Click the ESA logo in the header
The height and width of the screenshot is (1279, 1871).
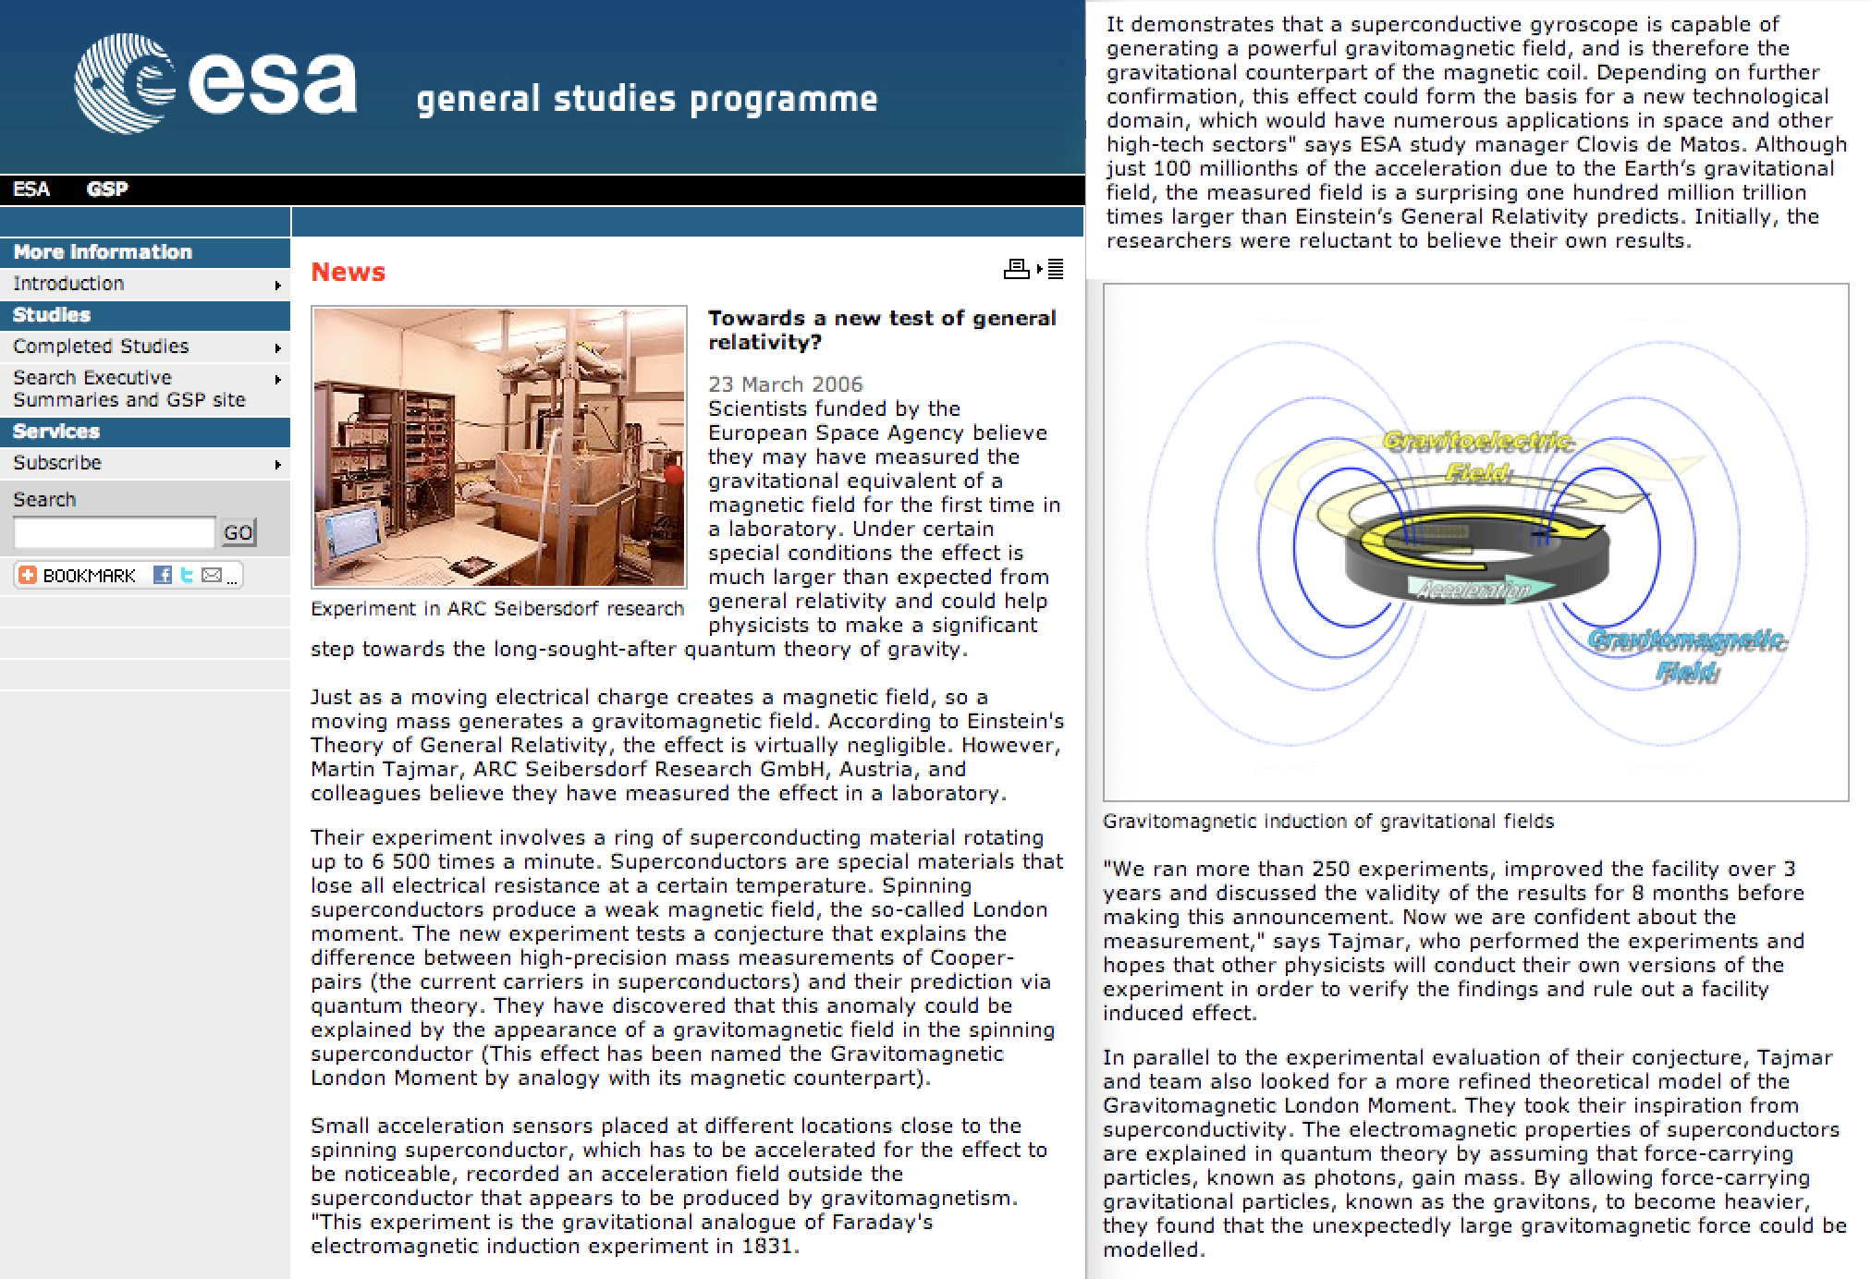[214, 83]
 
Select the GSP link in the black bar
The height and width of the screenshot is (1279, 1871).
[107, 189]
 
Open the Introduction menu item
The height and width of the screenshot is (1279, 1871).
[68, 284]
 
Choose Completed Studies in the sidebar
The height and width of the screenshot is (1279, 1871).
[101, 347]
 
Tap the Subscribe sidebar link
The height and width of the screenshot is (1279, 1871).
[57, 463]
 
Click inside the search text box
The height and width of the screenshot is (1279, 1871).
[114, 532]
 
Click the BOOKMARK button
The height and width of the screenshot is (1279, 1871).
[79, 576]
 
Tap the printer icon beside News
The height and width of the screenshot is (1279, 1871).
[1017, 269]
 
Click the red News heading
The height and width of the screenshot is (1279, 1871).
[348, 272]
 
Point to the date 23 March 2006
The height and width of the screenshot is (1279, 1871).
[785, 384]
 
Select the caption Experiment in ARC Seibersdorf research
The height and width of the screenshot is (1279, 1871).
[496, 609]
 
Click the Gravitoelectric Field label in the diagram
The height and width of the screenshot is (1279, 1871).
[1477, 456]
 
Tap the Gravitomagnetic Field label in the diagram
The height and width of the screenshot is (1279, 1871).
[1687, 654]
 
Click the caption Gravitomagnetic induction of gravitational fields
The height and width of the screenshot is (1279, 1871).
[1327, 822]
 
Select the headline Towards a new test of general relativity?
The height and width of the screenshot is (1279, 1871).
[881, 330]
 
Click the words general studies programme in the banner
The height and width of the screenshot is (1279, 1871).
[646, 100]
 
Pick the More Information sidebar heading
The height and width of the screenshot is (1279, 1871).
[103, 252]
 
